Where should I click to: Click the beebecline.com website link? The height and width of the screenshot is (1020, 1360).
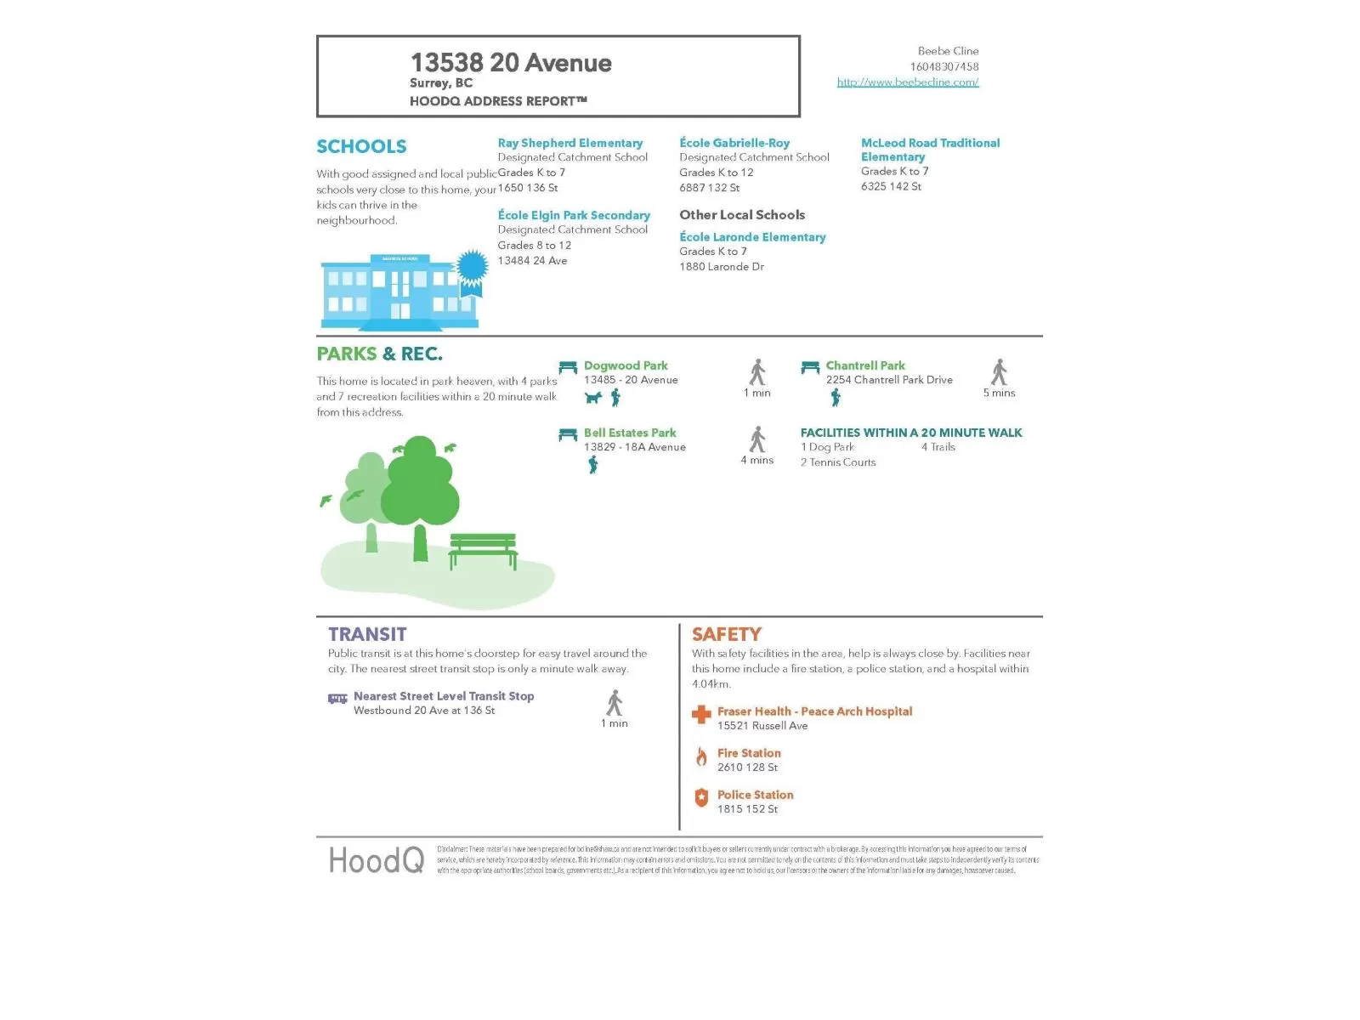click(x=908, y=82)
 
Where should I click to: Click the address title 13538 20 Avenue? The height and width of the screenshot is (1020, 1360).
click(x=511, y=63)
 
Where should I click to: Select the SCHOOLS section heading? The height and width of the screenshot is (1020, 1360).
click(x=361, y=146)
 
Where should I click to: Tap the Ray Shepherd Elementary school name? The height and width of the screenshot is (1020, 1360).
click(x=569, y=143)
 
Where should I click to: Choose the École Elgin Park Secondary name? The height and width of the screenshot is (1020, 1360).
click(x=574, y=215)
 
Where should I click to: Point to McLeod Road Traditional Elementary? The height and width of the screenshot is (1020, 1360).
click(x=930, y=150)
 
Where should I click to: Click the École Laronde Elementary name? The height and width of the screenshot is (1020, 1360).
click(x=752, y=237)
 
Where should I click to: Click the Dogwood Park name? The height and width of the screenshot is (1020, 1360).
click(x=626, y=365)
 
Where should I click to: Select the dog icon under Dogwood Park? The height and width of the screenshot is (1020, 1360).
click(x=593, y=398)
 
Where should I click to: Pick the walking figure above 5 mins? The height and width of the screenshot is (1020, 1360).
click(x=999, y=372)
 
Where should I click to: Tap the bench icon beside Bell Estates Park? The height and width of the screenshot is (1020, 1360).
click(x=568, y=434)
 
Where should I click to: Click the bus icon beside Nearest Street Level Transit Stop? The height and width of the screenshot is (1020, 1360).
click(x=337, y=699)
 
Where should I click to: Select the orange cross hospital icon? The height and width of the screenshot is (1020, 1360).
click(x=701, y=715)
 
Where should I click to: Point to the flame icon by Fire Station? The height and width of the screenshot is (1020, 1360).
click(x=701, y=756)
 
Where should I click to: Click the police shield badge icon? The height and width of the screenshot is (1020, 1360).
click(x=701, y=797)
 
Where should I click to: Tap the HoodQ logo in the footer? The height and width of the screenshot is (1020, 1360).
click(x=376, y=860)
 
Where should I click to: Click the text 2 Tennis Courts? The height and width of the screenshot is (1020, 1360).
click(x=837, y=462)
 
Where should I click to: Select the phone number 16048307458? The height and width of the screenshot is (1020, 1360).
click(x=943, y=66)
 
